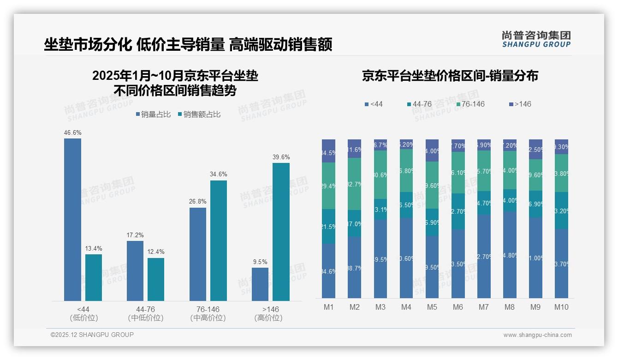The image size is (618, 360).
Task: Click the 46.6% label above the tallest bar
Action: click(x=72, y=132)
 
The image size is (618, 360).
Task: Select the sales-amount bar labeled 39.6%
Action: click(x=281, y=232)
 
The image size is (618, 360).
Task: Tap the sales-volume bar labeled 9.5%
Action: click(x=260, y=284)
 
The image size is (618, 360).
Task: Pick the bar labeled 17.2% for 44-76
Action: click(x=135, y=271)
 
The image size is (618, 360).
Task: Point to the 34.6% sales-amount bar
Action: click(x=219, y=240)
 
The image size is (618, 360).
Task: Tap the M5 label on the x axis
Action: click(x=432, y=307)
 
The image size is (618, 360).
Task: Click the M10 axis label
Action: click(x=561, y=307)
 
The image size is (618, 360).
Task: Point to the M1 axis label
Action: click(x=328, y=307)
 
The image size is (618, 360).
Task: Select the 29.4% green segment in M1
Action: click(x=328, y=186)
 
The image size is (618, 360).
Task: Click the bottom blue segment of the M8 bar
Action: click(x=509, y=255)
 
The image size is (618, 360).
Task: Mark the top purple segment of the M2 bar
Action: click(x=354, y=149)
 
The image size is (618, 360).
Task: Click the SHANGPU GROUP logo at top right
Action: click(x=536, y=39)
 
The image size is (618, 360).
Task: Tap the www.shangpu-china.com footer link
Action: click(x=537, y=335)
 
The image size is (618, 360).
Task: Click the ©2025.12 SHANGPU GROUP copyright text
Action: click(x=92, y=335)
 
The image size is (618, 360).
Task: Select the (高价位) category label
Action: click(x=268, y=318)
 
